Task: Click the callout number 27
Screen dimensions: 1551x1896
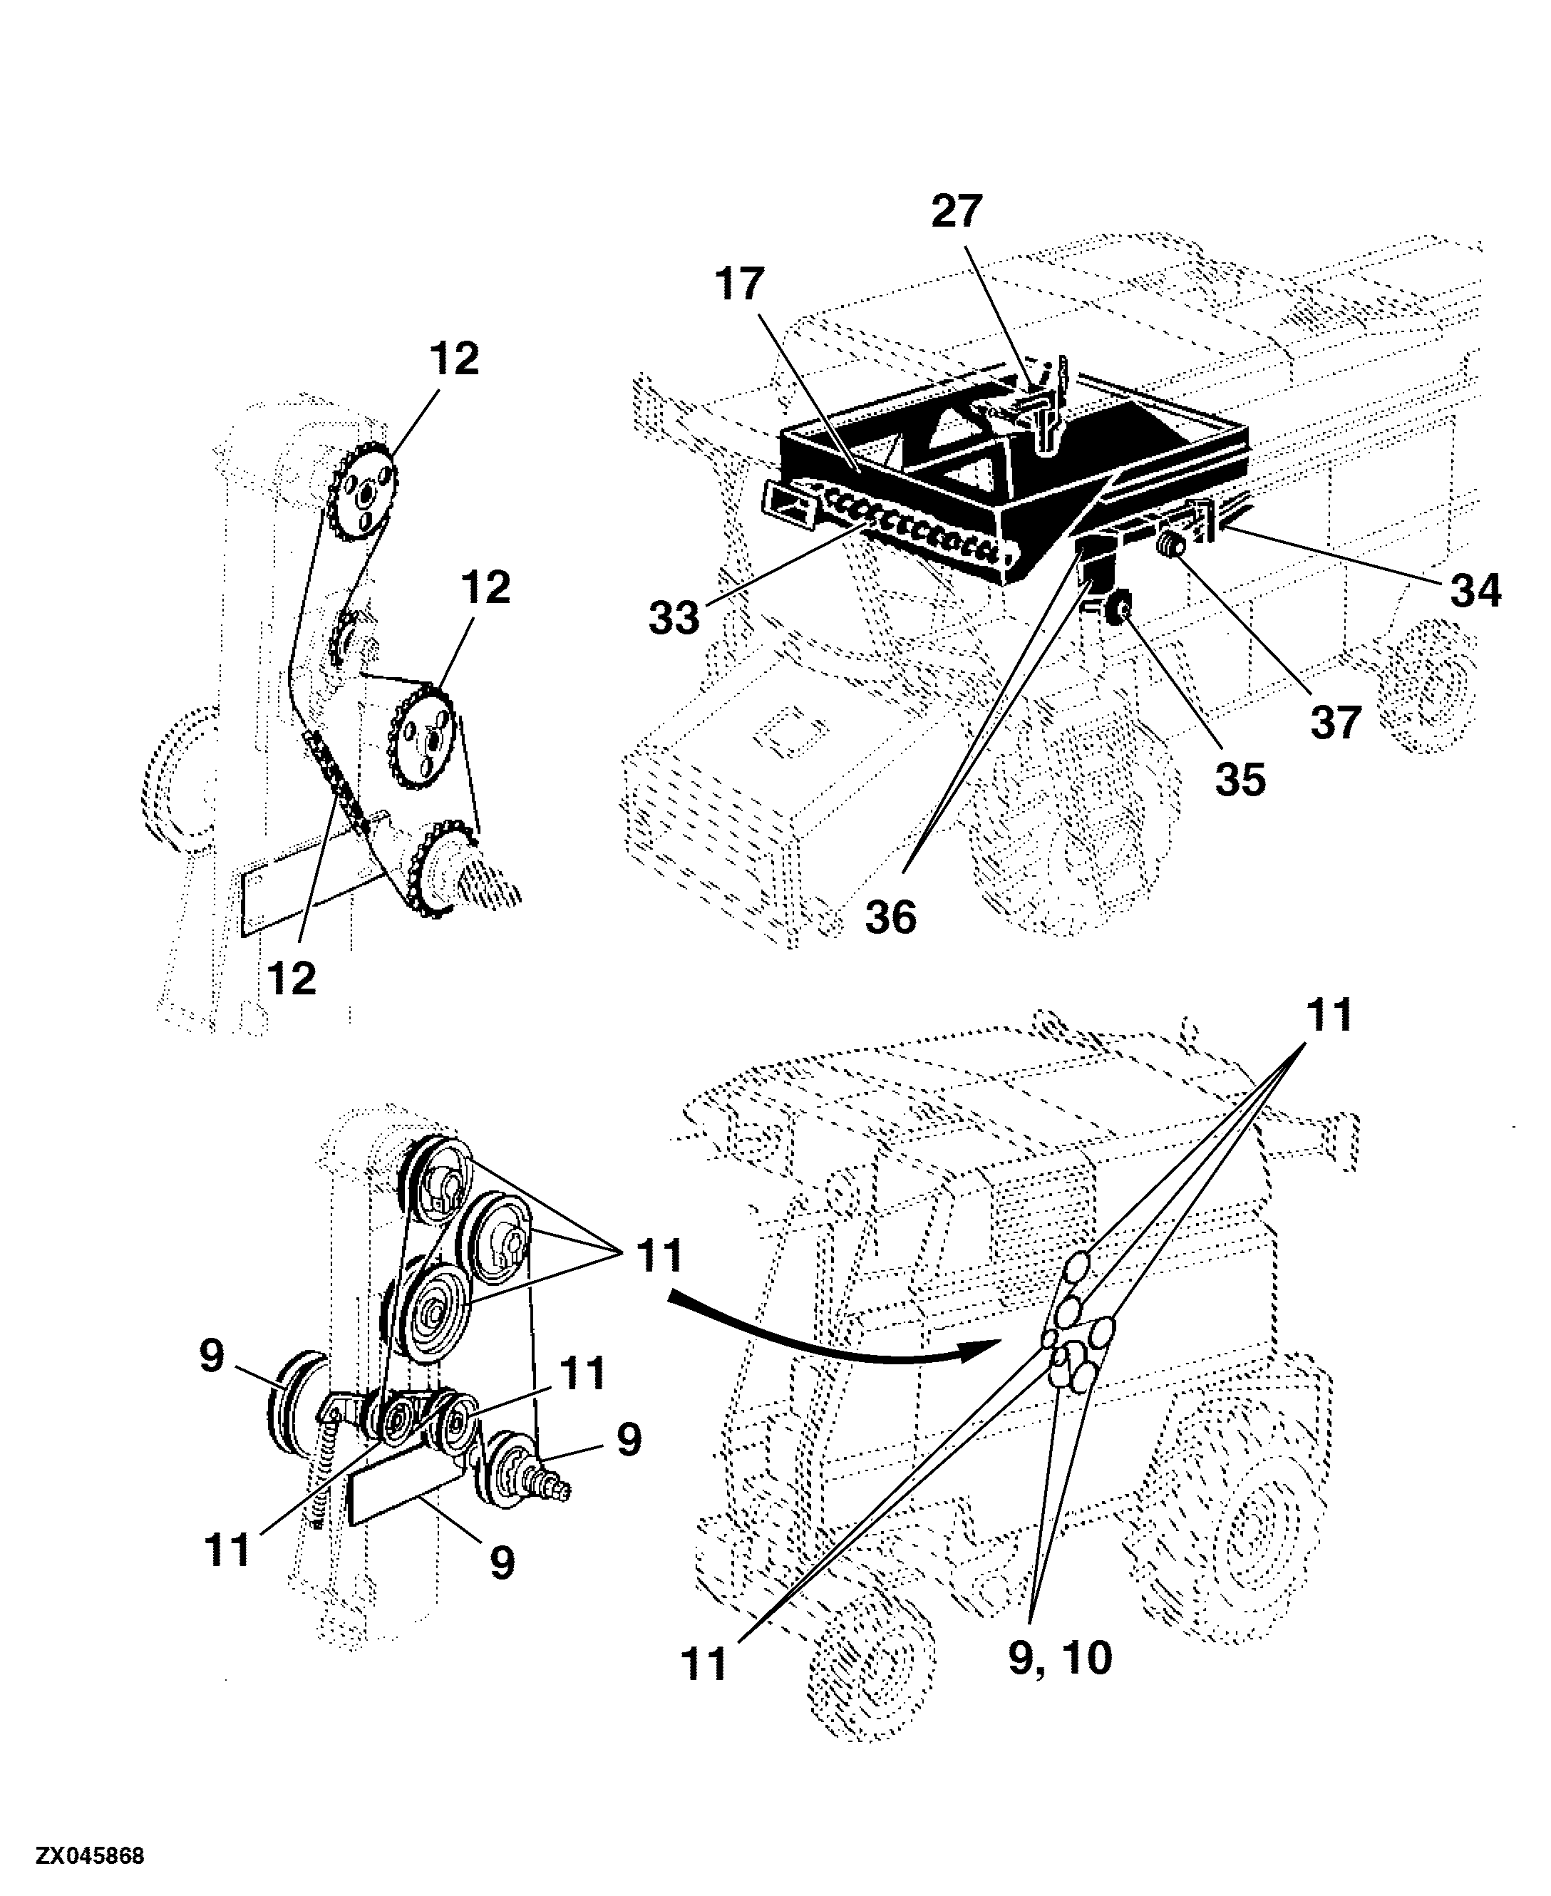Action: click(x=957, y=212)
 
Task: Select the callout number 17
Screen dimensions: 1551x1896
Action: click(x=740, y=284)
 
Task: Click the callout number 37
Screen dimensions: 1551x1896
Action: click(x=1336, y=722)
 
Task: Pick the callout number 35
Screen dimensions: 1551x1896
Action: click(x=1240, y=779)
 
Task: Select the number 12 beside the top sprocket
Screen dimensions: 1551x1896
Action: click(x=454, y=359)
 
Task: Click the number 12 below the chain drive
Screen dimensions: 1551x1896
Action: click(x=292, y=979)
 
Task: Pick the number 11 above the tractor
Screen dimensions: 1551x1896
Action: click(x=1329, y=1016)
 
